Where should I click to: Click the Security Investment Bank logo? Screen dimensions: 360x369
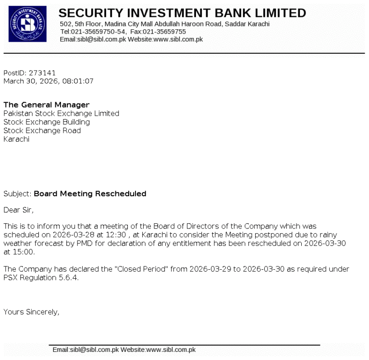tap(28, 24)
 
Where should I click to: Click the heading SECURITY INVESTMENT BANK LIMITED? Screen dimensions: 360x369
tap(182, 12)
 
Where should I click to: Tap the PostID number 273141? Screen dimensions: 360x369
tap(42, 73)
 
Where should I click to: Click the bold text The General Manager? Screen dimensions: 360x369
tap(46, 105)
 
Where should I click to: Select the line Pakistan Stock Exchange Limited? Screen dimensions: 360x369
tap(61, 114)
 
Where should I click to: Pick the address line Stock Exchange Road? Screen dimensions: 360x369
tap(42, 131)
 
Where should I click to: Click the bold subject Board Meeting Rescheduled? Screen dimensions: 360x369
tap(90, 194)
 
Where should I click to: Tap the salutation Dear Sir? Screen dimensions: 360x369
tap(19, 210)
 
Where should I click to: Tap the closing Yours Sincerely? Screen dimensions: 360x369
tap(31, 312)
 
